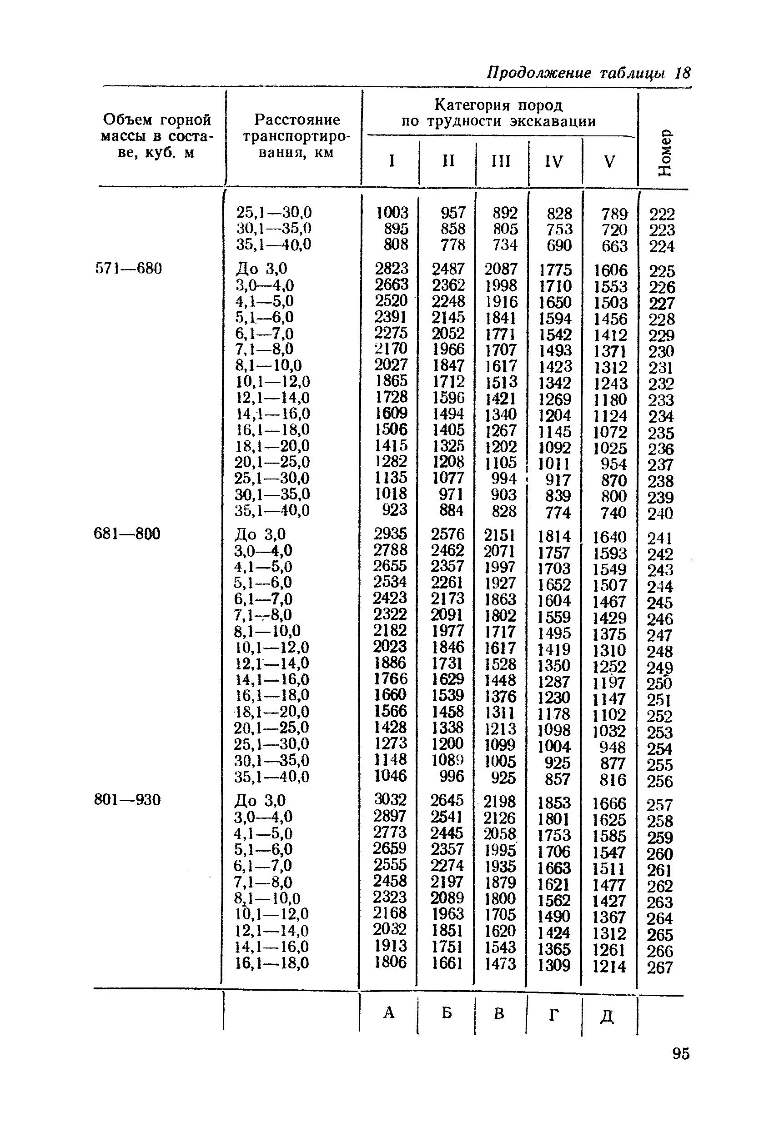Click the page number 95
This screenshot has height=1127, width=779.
click(681, 1054)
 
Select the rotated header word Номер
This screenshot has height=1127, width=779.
click(665, 153)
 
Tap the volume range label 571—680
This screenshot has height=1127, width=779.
click(128, 268)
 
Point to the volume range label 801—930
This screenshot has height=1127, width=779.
click(127, 800)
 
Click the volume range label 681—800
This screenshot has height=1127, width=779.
click(127, 534)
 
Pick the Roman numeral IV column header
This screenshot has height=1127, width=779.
click(554, 161)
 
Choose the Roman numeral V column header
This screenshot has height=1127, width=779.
click(610, 161)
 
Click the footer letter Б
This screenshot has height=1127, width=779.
click(447, 1013)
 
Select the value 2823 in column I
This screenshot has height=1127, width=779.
click(392, 268)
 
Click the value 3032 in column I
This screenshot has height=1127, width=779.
click(391, 799)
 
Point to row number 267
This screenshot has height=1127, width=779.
click(660, 967)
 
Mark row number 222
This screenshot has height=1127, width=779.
click(662, 214)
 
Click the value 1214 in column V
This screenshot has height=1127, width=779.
click(609, 967)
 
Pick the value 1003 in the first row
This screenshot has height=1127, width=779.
click(392, 212)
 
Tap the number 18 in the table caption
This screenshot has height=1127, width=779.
click(682, 73)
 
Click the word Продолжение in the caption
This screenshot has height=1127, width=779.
click(539, 73)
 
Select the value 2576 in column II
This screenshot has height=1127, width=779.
click(447, 534)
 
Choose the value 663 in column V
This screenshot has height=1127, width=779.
click(614, 246)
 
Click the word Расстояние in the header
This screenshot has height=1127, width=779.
click(297, 120)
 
